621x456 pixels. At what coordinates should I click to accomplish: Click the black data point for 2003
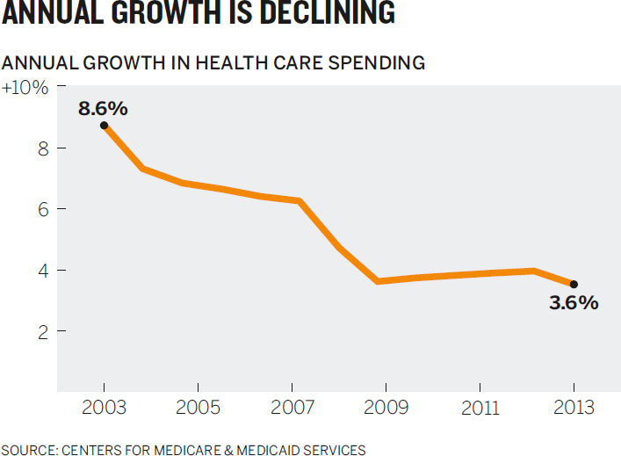click(x=104, y=126)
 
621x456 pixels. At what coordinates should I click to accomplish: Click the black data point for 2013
click(x=574, y=284)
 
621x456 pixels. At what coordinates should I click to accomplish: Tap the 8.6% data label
click(x=103, y=109)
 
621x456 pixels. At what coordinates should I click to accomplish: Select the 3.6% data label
click(x=574, y=302)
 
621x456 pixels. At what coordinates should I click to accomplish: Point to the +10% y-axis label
click(x=25, y=88)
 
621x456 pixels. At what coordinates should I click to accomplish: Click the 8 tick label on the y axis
click(x=44, y=148)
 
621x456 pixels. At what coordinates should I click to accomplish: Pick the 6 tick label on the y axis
click(x=44, y=209)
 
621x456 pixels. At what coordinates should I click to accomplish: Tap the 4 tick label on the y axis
click(x=44, y=271)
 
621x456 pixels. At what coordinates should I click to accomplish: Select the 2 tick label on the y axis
click(x=44, y=331)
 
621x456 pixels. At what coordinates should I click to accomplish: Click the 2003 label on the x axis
click(x=104, y=408)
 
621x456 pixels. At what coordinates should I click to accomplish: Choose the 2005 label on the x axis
click(x=198, y=408)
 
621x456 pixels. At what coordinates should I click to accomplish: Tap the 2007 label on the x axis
click(x=292, y=408)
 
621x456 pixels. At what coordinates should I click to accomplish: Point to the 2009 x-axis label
click(x=386, y=408)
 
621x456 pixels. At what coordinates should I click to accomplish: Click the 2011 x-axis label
click(x=480, y=408)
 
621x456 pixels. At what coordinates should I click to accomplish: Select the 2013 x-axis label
click(x=574, y=408)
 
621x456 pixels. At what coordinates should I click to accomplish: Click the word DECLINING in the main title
click(x=328, y=12)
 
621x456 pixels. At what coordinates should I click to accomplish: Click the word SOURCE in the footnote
click(x=30, y=450)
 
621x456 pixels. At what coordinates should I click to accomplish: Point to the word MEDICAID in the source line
click(x=268, y=450)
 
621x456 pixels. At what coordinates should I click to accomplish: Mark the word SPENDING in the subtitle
click(x=377, y=63)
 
